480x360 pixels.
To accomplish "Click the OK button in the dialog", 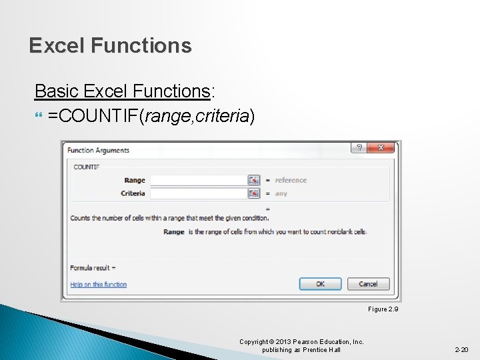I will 320,284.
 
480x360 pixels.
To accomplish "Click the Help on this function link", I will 99,285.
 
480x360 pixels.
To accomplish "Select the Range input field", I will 199,180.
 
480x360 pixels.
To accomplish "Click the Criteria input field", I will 199,193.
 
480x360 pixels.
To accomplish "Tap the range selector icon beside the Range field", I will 253,180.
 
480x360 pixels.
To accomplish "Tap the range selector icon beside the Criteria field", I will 253,193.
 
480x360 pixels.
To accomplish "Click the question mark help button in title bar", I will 359,148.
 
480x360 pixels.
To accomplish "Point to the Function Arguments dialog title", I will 99,150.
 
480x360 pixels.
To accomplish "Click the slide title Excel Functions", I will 110,45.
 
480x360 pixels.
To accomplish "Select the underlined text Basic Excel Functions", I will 122,90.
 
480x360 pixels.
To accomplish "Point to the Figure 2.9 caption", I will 383,309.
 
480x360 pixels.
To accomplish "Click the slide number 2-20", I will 461,349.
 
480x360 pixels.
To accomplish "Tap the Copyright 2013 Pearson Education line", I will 301,342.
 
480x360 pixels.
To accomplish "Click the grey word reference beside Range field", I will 291,180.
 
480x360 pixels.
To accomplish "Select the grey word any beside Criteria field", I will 281,193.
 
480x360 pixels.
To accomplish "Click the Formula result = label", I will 93,267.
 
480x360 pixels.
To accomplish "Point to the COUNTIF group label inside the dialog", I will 86,167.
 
